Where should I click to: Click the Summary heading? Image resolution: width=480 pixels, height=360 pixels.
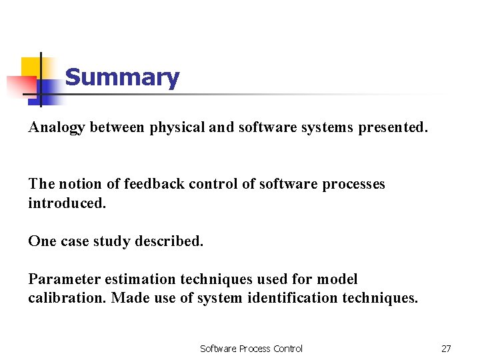(122, 78)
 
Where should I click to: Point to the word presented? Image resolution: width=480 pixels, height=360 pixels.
(393, 127)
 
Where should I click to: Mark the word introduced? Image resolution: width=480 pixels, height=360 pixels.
(67, 203)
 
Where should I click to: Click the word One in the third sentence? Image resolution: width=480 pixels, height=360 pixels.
(42, 241)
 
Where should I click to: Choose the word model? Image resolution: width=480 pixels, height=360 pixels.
(337, 279)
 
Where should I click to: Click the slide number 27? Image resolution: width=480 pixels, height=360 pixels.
(446, 348)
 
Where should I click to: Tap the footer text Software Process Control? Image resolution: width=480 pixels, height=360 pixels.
(251, 348)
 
